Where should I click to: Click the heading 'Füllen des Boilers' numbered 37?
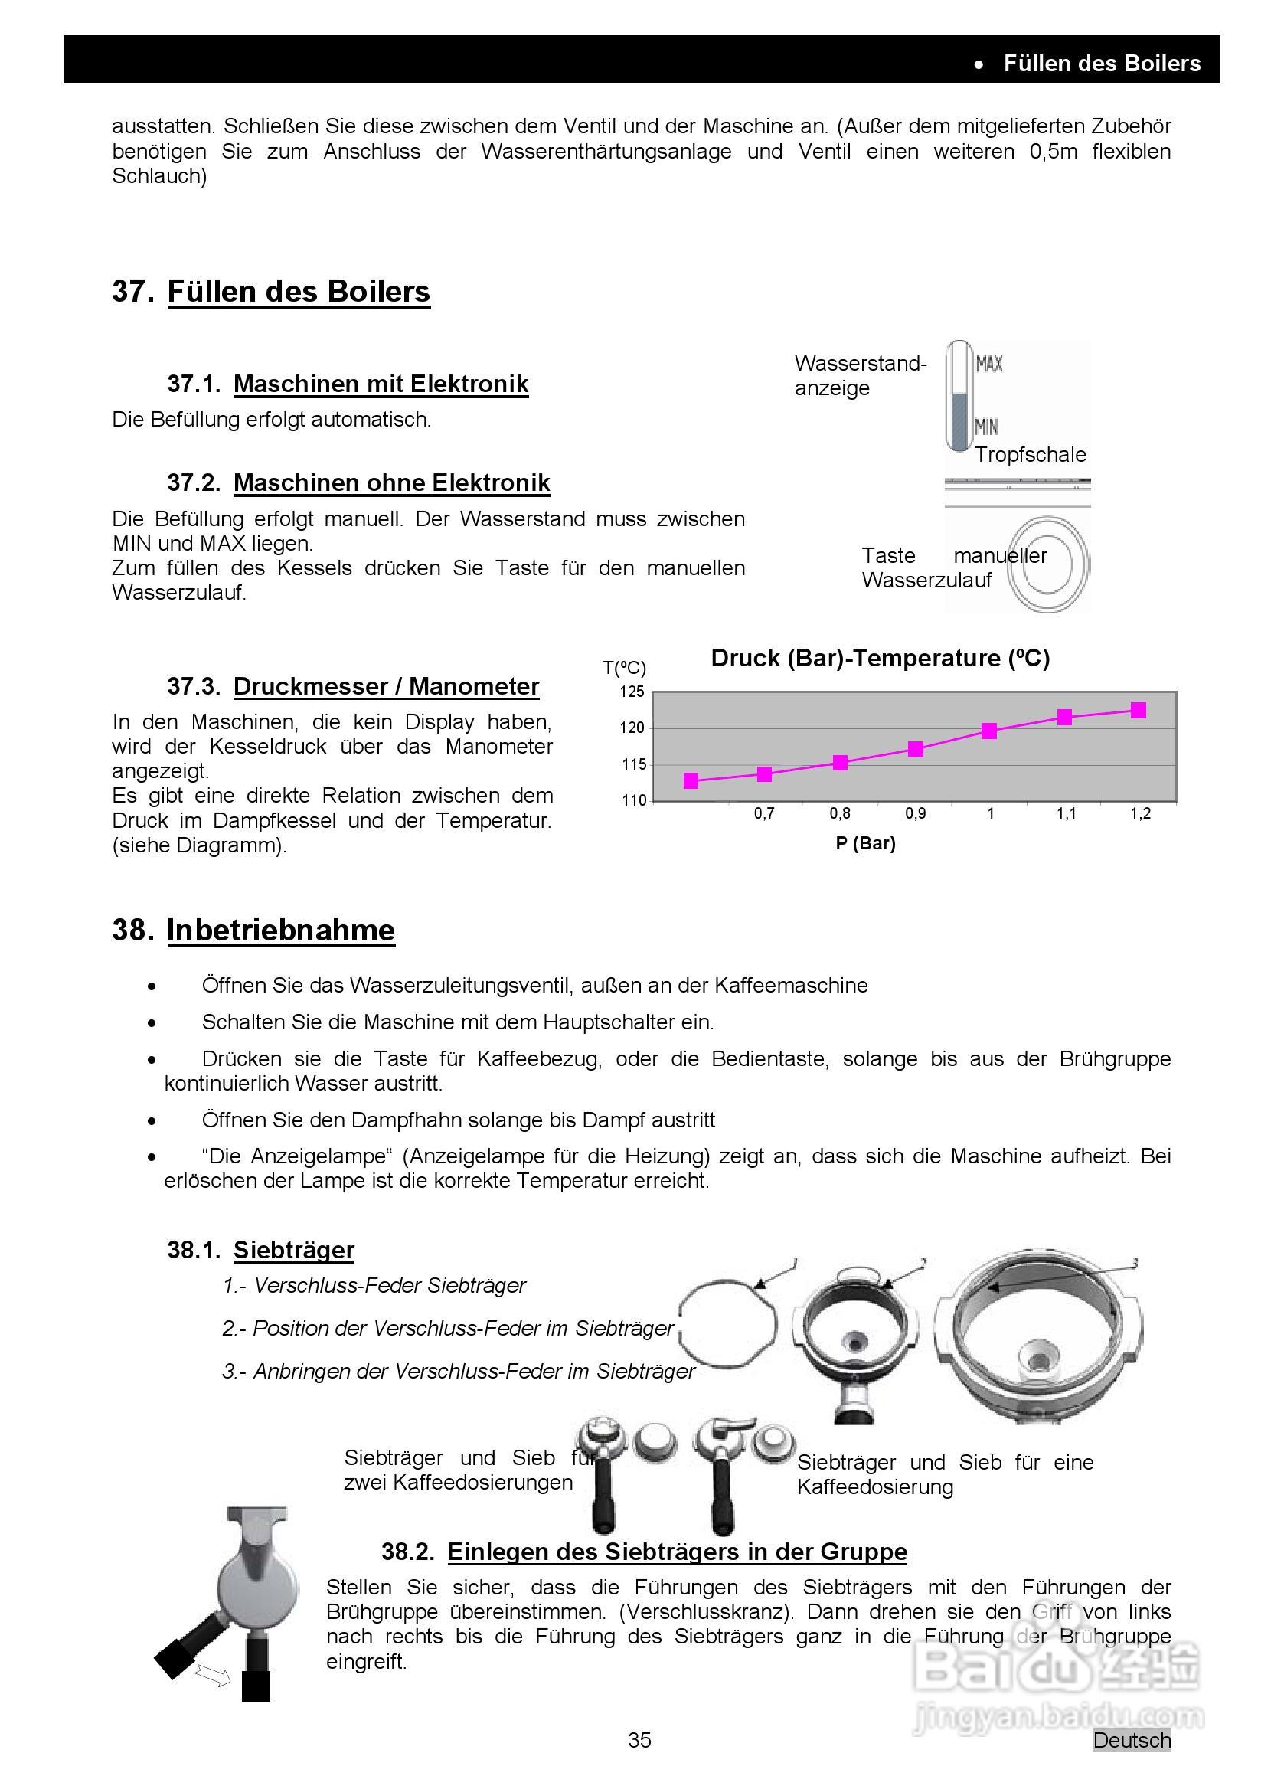298,291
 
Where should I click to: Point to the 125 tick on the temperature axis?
633,692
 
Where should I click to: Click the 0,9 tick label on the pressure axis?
915,813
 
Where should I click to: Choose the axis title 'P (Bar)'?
865,843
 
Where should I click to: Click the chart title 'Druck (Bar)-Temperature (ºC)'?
881,658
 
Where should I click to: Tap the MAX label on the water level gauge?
989,364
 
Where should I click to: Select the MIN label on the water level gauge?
987,427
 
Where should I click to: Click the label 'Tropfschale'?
1030,454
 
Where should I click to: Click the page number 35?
639,1740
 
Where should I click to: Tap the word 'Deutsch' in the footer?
1132,1740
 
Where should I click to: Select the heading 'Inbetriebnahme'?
281,930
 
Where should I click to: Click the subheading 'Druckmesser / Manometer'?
386,686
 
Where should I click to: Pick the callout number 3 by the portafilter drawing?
1134,1264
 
